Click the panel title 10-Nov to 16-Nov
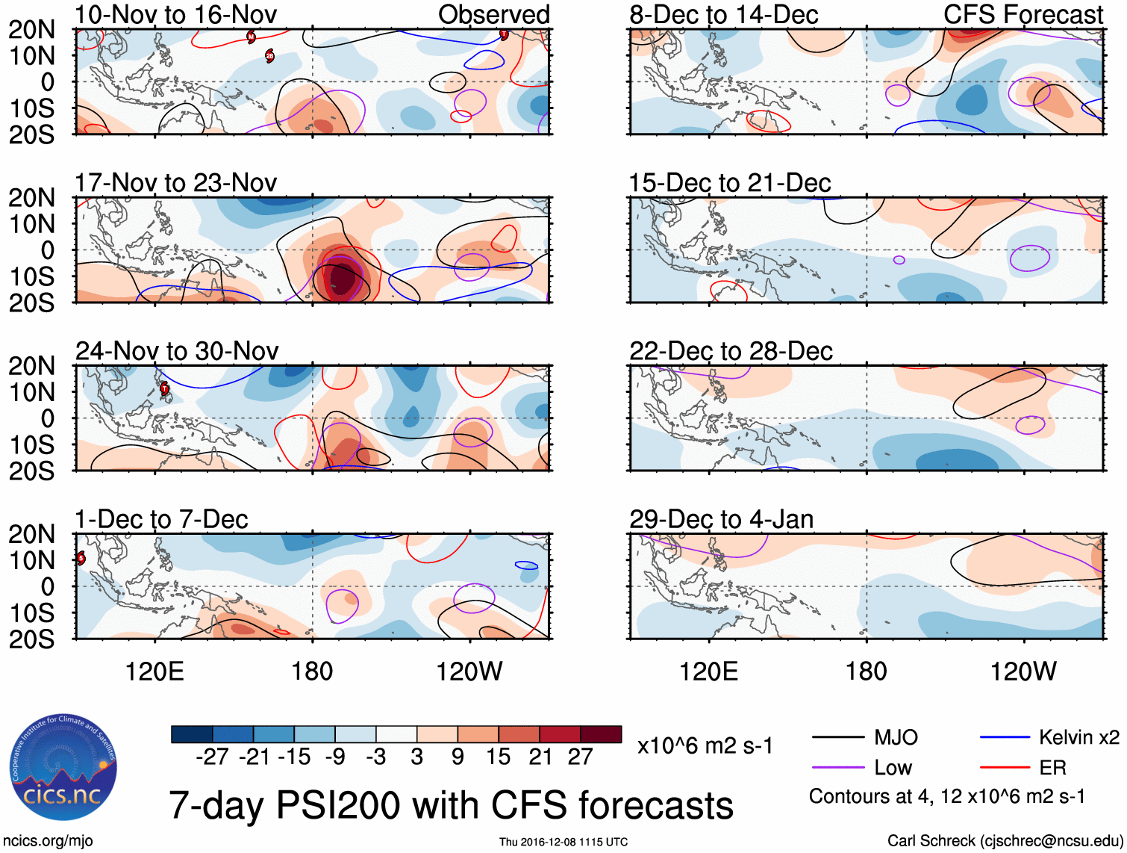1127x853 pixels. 176,15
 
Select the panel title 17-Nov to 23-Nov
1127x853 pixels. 176,183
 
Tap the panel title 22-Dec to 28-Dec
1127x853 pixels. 731,351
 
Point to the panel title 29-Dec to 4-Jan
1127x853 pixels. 721,519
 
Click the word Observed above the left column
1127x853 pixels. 493,15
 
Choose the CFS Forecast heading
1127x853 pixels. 1023,15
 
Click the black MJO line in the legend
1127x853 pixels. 838,738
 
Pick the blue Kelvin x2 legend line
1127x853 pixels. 1005,738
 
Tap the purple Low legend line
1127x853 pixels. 838,768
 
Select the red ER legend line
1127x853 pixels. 1005,768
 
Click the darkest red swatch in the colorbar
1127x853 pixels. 601,734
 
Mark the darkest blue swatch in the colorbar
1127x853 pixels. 192,734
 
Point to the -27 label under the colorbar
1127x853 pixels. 212,757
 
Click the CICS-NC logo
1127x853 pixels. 63,768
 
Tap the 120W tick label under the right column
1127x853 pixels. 1023,671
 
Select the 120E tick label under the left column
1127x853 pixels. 154,671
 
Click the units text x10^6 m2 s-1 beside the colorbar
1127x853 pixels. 705,746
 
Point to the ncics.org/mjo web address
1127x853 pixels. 48,841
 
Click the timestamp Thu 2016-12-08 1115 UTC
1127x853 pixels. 563,843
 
